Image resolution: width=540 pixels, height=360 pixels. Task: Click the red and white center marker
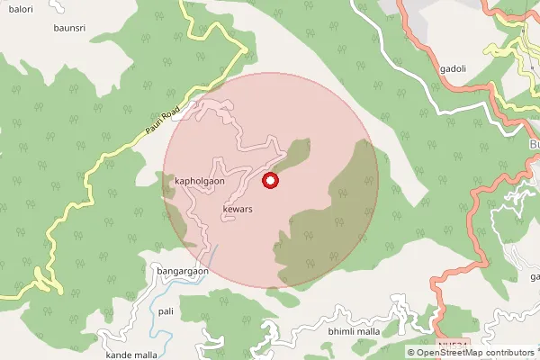pyautogui.click(x=270, y=181)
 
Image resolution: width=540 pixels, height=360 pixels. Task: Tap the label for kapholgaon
pyautogui.click(x=200, y=180)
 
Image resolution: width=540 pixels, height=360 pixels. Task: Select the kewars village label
pyautogui.click(x=236, y=210)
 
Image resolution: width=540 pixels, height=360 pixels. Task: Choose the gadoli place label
pyautogui.click(x=453, y=68)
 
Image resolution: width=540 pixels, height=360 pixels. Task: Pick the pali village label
pyautogui.click(x=166, y=310)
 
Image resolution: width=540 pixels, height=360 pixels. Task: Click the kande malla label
pyautogui.click(x=131, y=355)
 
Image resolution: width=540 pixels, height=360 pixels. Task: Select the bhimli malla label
pyautogui.click(x=355, y=332)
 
